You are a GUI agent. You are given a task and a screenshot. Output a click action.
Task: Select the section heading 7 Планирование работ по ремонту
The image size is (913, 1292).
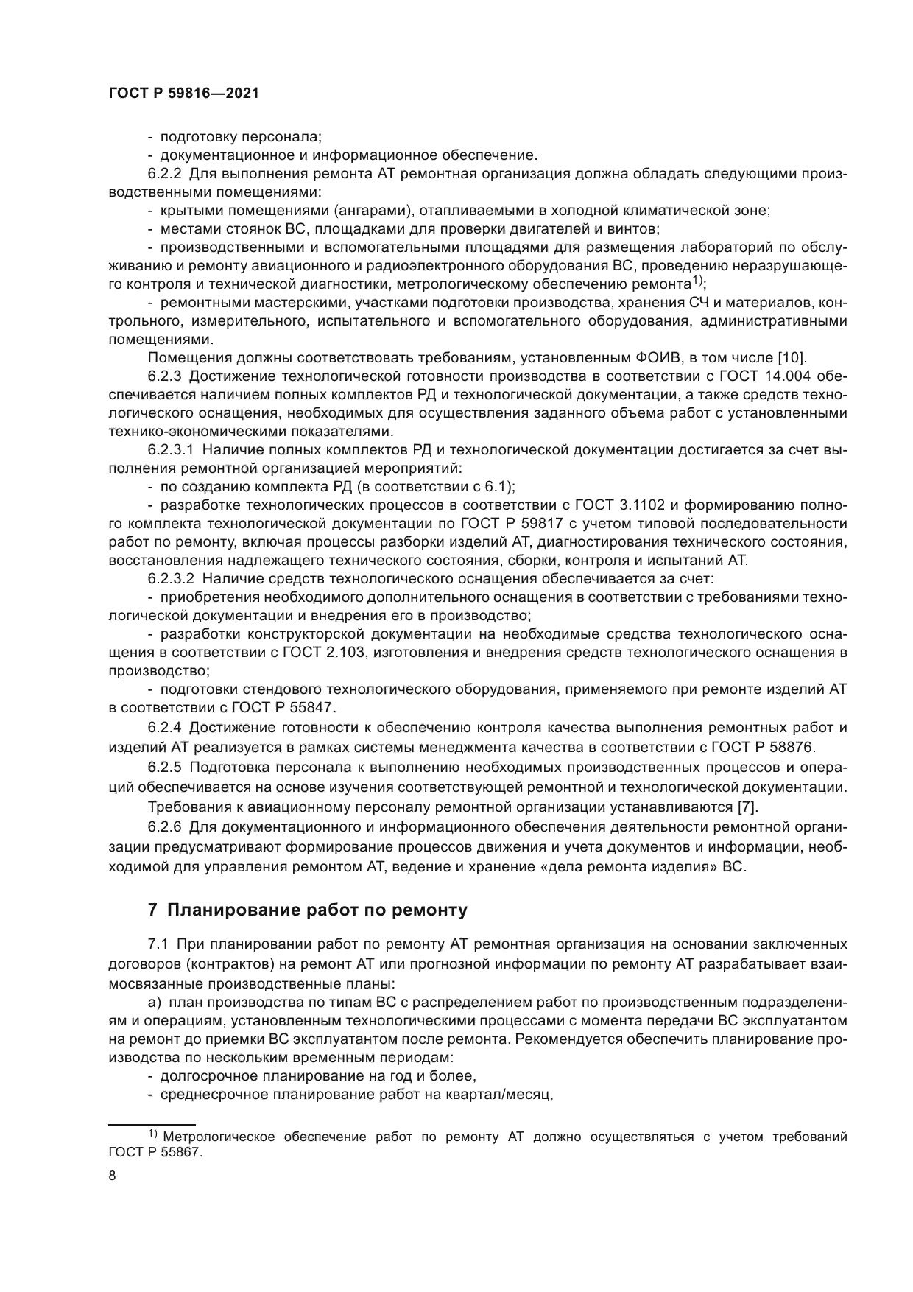308,910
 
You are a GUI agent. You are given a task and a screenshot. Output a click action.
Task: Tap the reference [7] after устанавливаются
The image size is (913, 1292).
747,806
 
